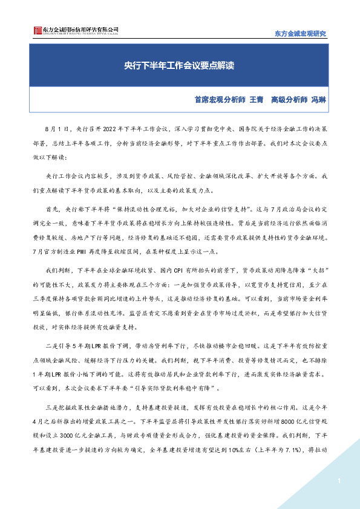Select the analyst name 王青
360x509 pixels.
pyautogui.click(x=257, y=100)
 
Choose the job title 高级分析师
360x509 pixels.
pyautogui.click(x=289, y=100)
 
